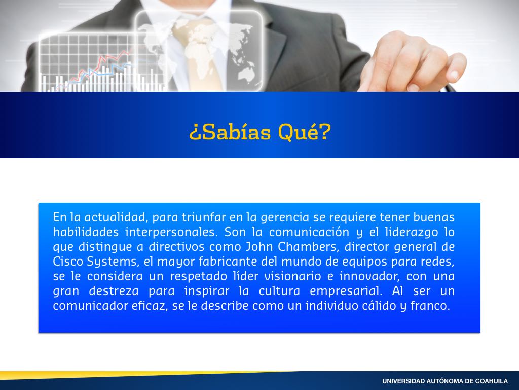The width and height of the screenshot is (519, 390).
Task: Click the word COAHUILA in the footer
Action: click(491, 381)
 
